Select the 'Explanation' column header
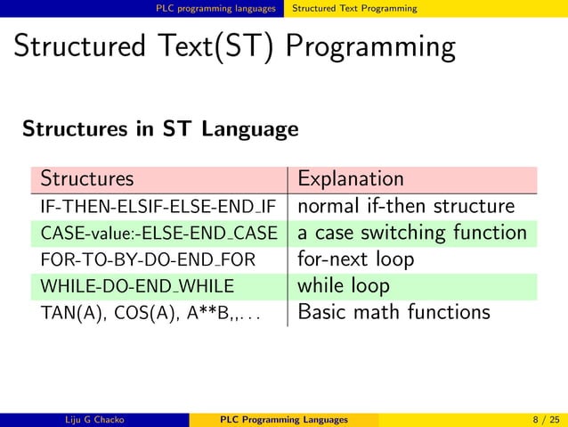tap(351, 179)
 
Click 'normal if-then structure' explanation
tap(406, 207)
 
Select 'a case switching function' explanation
tap(412, 234)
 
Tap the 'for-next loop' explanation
tap(356, 260)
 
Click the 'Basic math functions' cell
tap(394, 313)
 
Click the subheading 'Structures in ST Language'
tap(160, 129)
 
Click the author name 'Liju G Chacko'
tap(95, 419)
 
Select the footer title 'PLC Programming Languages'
tap(284, 419)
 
